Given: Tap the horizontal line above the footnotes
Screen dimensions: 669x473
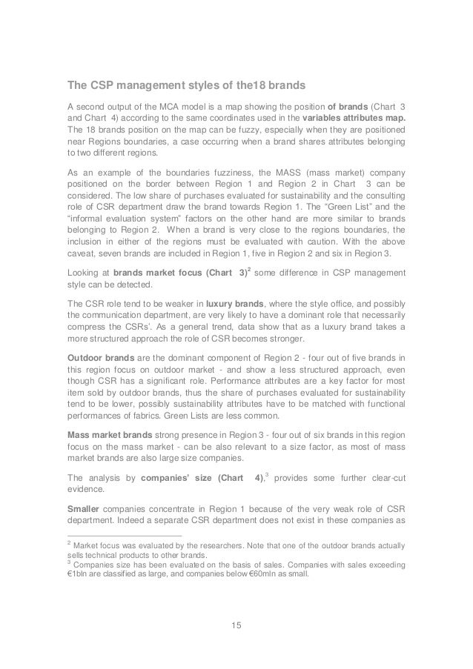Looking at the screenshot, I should click(119, 536).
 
